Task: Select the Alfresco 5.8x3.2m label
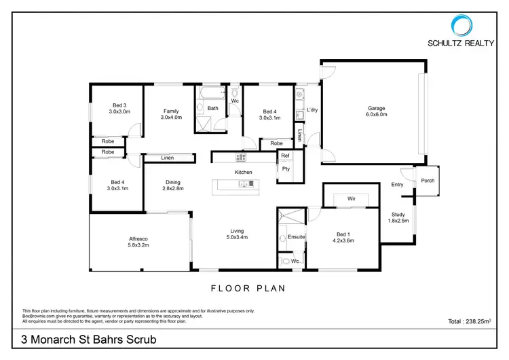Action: coord(139,242)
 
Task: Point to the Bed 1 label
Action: coord(342,237)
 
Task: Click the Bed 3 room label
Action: coord(119,109)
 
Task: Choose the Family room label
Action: coord(170,114)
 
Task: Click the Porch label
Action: coord(428,181)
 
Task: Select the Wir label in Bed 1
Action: coord(352,199)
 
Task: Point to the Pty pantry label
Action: coord(286,169)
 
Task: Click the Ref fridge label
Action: coord(286,156)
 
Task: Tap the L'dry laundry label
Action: coord(313,109)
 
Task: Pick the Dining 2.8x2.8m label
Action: coord(172,185)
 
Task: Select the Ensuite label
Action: coord(297,236)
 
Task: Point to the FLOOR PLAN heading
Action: coord(248,288)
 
